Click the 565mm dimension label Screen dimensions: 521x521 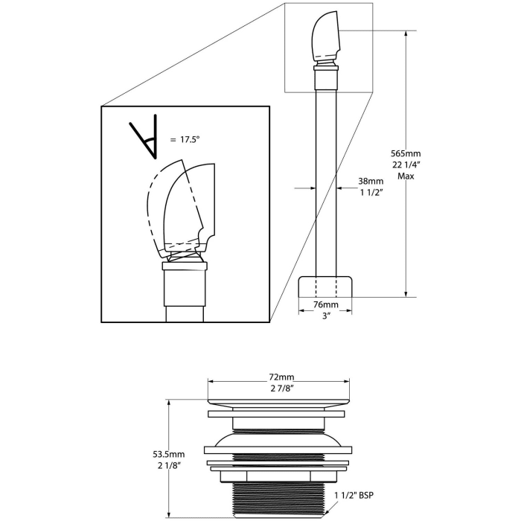pos(406,153)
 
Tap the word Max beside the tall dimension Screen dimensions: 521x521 pos(406,176)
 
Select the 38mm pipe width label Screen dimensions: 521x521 pos(371,181)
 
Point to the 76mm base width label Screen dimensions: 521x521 pos(326,304)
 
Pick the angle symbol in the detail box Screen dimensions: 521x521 pos(144,137)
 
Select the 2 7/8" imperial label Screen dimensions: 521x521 pos(281,388)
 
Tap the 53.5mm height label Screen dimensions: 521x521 pos(169,454)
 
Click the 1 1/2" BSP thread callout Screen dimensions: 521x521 pos(354,495)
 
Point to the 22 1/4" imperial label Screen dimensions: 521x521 pos(406,164)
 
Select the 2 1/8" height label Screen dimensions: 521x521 pos(169,465)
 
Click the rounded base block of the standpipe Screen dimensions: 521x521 pos(325,286)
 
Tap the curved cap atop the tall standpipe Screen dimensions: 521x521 pos(326,36)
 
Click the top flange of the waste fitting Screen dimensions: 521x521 pos(279,401)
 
